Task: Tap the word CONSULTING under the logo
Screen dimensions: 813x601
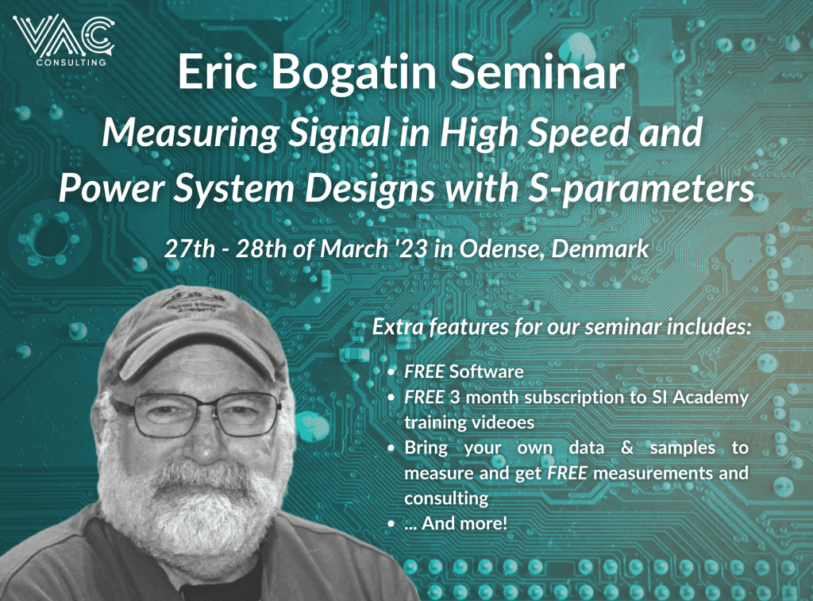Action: [x=71, y=63]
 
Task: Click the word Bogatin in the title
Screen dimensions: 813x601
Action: [x=354, y=72]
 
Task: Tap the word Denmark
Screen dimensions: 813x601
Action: [x=599, y=249]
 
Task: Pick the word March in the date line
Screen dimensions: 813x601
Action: [x=354, y=249]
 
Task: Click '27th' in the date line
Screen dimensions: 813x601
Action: [x=189, y=249]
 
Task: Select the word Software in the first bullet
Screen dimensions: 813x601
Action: [x=486, y=372]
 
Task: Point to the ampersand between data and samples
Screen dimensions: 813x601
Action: [x=627, y=448]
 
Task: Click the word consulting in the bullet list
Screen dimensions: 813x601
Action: [x=446, y=499]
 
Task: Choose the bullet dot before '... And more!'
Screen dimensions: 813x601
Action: [x=391, y=524]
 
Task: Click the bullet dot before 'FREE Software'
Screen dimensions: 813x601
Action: [x=391, y=372]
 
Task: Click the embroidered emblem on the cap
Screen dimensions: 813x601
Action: [x=193, y=301]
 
